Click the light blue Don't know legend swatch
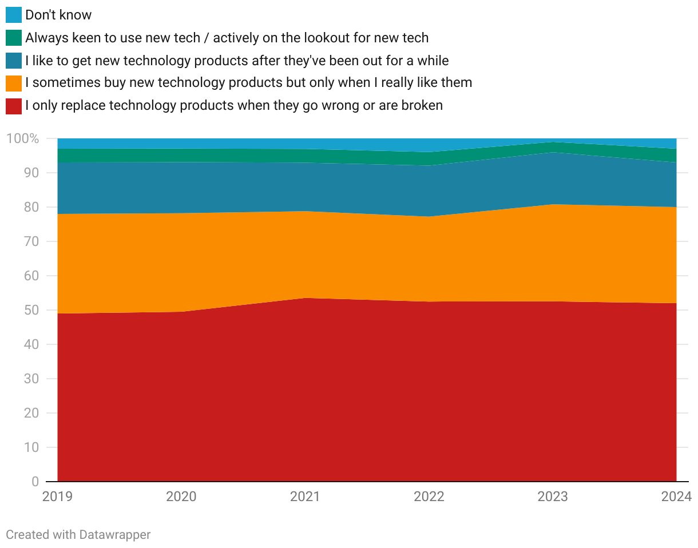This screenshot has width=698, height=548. click(14, 15)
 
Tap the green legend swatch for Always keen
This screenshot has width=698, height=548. click(14, 38)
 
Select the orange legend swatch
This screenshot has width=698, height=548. click(14, 83)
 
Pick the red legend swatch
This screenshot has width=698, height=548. click(14, 106)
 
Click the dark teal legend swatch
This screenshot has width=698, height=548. click(14, 61)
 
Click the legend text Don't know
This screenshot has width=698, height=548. click(58, 15)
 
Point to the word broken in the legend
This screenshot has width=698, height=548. click(421, 106)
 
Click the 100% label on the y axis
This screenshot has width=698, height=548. click(23, 138)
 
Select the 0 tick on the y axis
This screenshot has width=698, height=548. click(35, 482)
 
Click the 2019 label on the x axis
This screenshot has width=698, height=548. click(58, 497)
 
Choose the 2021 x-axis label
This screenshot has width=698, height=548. click(305, 497)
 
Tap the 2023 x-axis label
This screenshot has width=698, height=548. click(553, 497)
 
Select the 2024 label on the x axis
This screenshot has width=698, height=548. click(676, 497)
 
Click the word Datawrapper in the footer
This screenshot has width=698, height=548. click(115, 535)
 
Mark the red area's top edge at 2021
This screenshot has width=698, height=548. click(305, 298)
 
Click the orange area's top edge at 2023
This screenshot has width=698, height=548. click(553, 204)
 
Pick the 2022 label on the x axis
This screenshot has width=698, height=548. click(429, 497)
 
